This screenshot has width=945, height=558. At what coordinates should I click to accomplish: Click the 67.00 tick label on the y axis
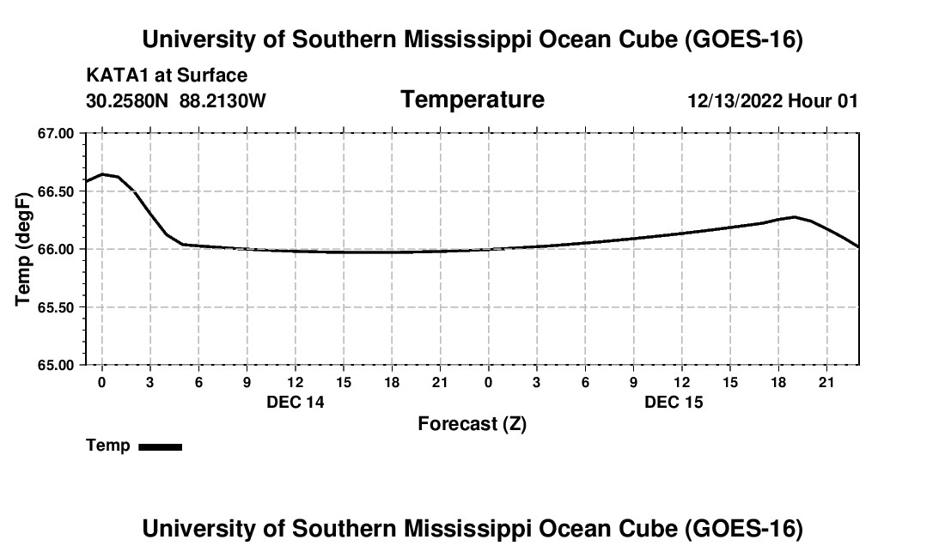(56, 134)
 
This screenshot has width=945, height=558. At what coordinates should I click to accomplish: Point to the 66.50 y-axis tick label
(56, 191)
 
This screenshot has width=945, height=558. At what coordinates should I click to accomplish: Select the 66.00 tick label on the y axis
(56, 249)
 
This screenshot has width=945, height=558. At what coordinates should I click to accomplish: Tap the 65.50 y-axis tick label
(56, 307)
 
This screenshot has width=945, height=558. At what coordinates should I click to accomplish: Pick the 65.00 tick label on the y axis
(56, 365)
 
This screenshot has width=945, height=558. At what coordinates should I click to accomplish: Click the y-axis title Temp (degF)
(23, 249)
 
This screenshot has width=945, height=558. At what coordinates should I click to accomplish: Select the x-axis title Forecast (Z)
(472, 424)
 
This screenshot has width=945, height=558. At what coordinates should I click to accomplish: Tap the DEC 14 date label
(296, 402)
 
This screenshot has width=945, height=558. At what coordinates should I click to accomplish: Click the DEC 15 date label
(674, 402)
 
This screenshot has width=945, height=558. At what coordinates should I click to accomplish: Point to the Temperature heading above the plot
(472, 100)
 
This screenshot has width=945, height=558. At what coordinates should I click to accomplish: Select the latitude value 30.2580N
(127, 100)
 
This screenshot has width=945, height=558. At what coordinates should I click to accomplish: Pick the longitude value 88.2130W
(223, 100)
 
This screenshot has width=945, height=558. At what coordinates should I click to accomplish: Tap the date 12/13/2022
(735, 100)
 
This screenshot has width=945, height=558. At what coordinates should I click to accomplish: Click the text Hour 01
(823, 100)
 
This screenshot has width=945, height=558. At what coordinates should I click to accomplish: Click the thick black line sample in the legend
(161, 446)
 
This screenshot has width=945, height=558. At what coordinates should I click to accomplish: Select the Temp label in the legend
(108, 446)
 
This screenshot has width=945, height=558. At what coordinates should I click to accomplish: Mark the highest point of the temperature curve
(102, 174)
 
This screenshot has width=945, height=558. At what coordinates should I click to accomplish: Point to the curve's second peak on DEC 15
(795, 216)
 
